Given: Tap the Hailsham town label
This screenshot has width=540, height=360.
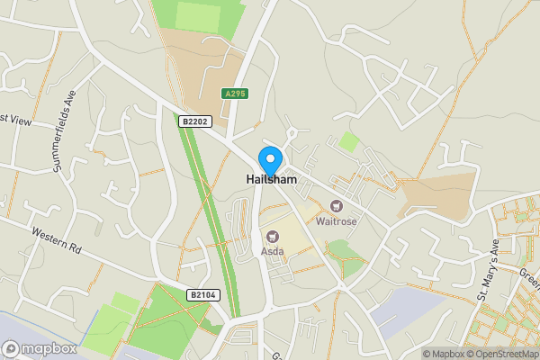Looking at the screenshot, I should tap(272, 180).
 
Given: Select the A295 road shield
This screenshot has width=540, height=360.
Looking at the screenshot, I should tap(235, 94).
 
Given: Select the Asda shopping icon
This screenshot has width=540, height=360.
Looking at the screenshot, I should tap(272, 236).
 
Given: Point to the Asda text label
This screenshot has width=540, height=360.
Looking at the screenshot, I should tap(272, 250).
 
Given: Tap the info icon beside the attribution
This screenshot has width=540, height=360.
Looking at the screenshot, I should tap(411, 354).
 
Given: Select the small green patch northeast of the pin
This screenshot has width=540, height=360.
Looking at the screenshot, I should tap(348, 142).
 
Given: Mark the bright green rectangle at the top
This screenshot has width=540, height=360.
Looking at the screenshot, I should tap(197, 15).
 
